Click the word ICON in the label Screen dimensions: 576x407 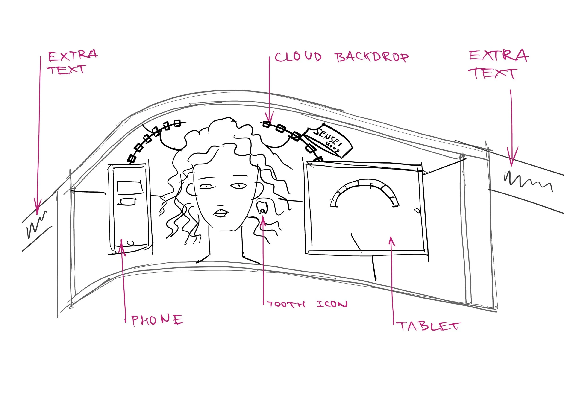coord(332,304)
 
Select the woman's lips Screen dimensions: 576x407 coord(221,213)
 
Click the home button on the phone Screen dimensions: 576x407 coord(130,243)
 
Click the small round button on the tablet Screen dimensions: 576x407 coord(417,210)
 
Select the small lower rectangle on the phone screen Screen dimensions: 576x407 coord(128,202)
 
